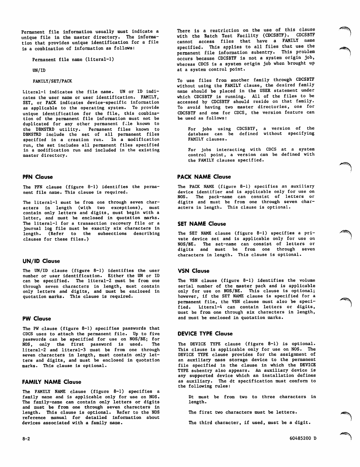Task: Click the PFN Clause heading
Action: [x=38, y=177]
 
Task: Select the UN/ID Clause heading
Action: [x=41, y=261]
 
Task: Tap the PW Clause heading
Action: [x=37, y=319]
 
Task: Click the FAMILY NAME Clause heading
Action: [x=52, y=382]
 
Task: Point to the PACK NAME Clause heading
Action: [x=204, y=177]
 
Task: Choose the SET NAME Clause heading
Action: [x=202, y=224]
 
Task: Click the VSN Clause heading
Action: [x=194, y=271]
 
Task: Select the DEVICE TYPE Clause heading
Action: [x=205, y=334]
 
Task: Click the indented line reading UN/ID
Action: [x=39, y=70]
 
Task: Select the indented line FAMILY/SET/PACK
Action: [x=52, y=81]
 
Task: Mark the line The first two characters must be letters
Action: [x=243, y=412]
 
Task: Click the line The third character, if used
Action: [x=250, y=423]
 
